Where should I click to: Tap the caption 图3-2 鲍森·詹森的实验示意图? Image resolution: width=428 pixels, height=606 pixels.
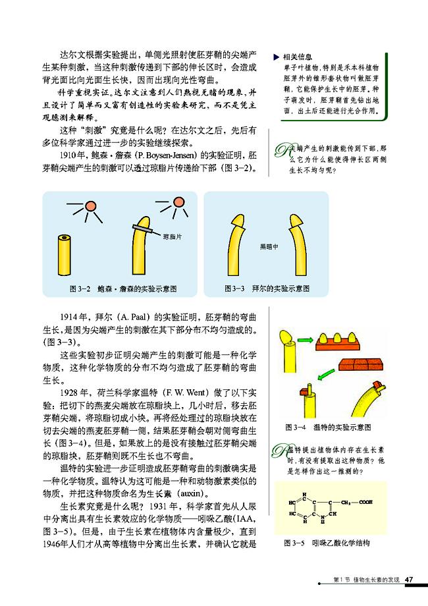[x=122, y=289]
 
